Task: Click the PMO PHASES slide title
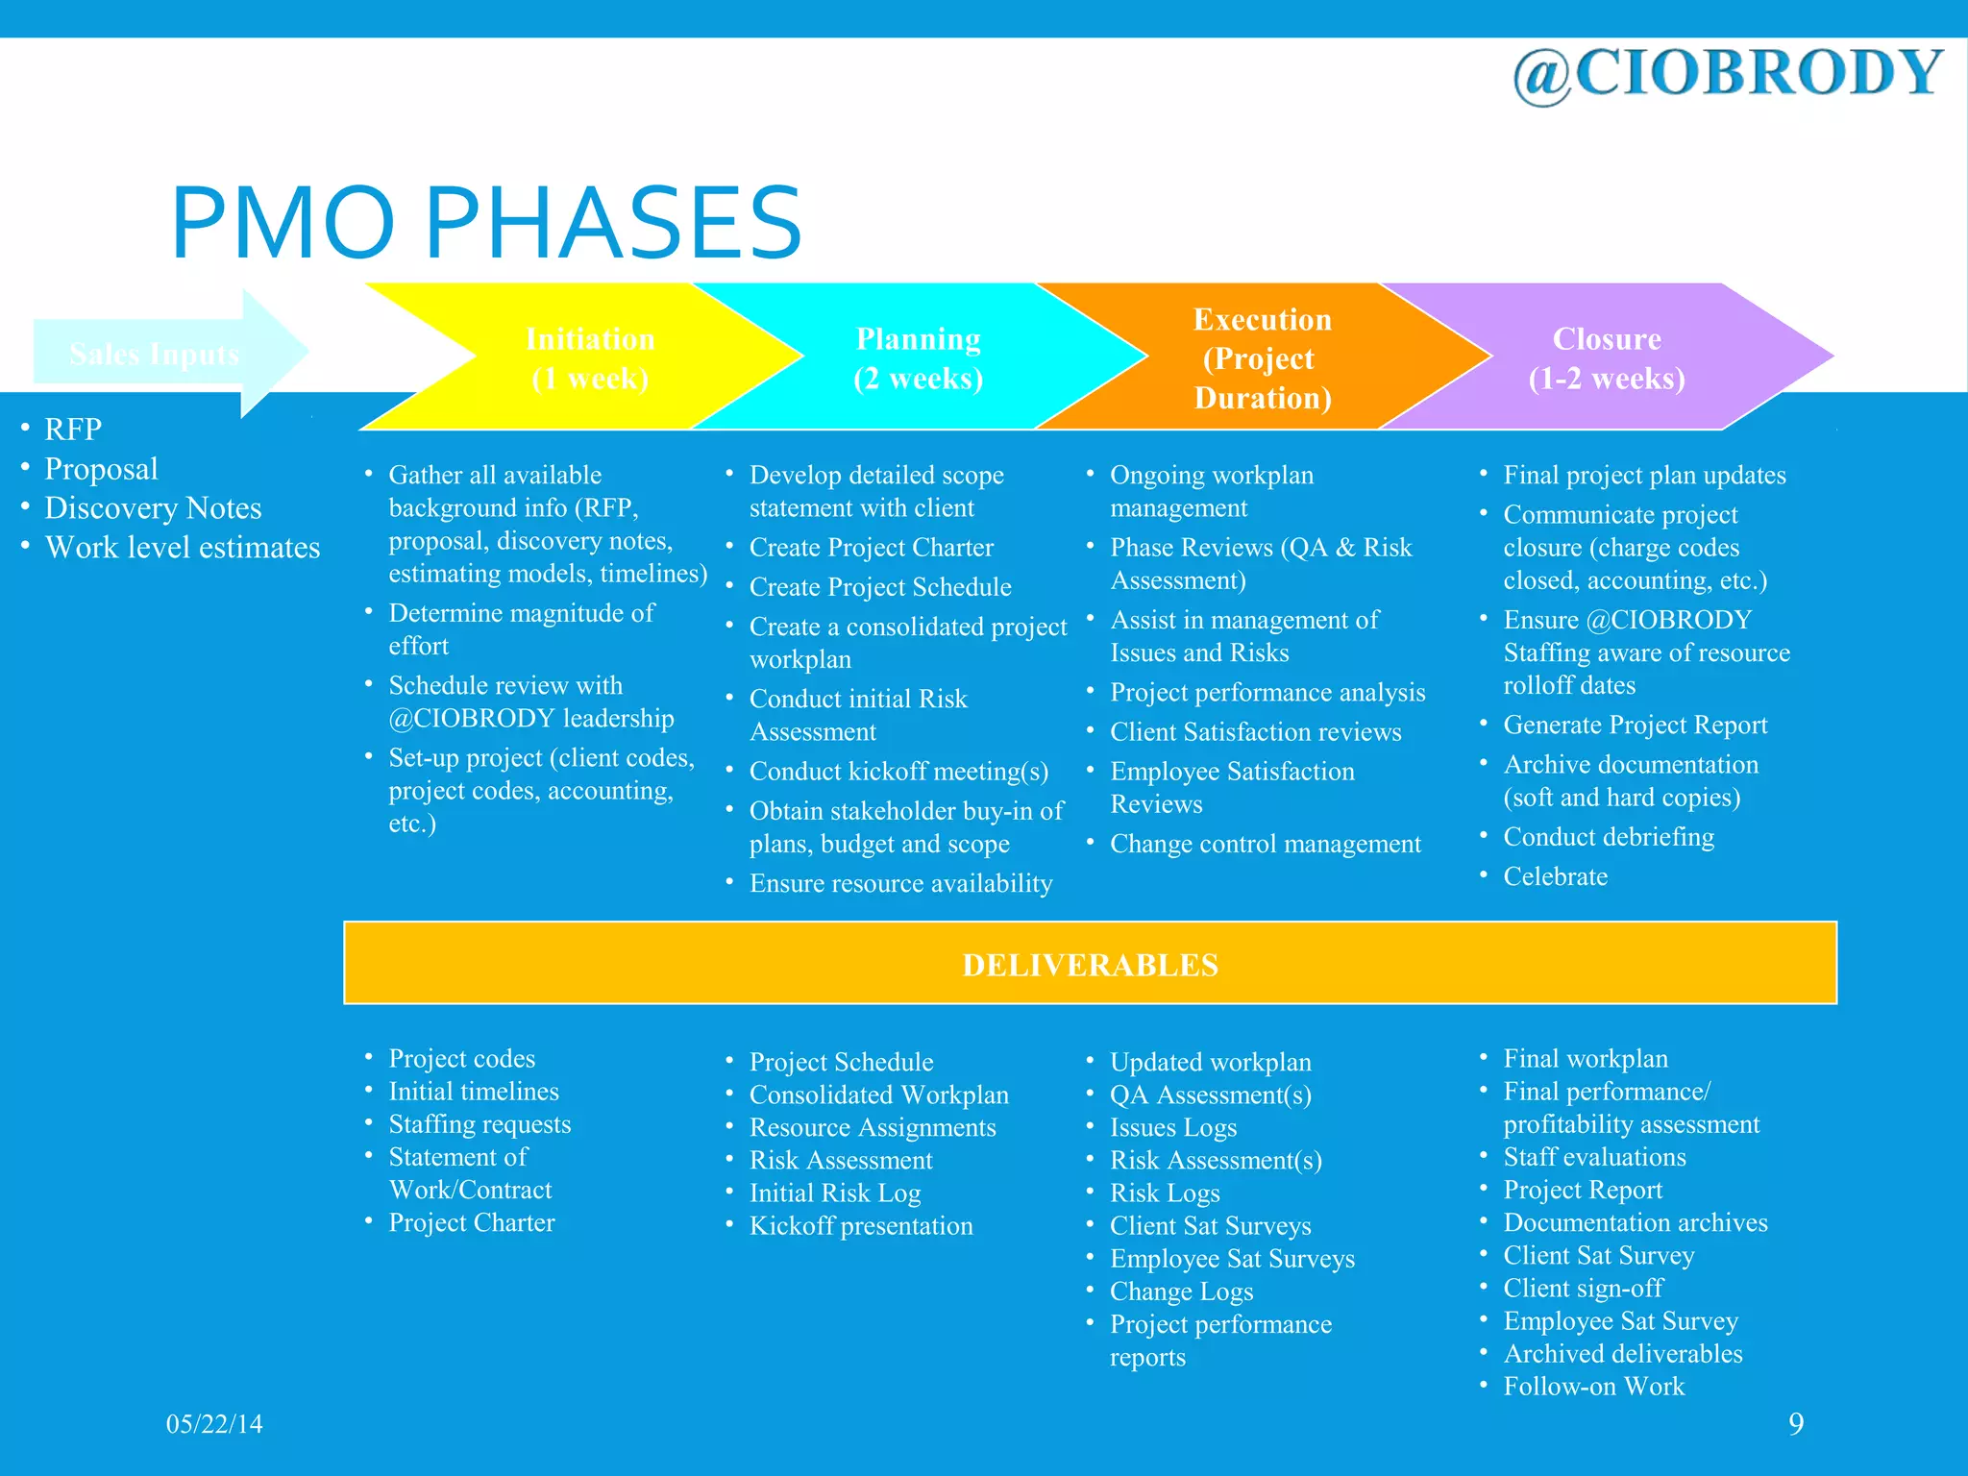pyautogui.click(x=486, y=223)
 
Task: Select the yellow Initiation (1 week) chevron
pyautogui.click(x=590, y=357)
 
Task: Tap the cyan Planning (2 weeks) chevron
pyautogui.click(x=919, y=357)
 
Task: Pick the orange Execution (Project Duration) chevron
pyautogui.click(x=1262, y=357)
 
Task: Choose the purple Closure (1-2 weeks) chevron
pyautogui.click(x=1607, y=357)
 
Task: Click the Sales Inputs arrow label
pyautogui.click(x=154, y=355)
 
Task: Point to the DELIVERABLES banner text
pyautogui.click(x=1090, y=965)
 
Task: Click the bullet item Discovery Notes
pyautogui.click(x=153, y=507)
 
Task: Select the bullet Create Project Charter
pyautogui.click(x=871, y=548)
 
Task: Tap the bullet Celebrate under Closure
pyautogui.click(x=1555, y=876)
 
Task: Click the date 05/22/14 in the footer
pyautogui.click(x=214, y=1424)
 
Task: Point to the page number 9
pyautogui.click(x=1795, y=1424)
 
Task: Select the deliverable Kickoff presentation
pyautogui.click(x=861, y=1226)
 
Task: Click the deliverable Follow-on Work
pyautogui.click(x=1593, y=1387)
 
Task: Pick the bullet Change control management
pyautogui.click(x=1265, y=844)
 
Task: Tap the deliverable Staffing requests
pyautogui.click(x=480, y=1124)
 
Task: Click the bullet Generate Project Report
pyautogui.click(x=1635, y=726)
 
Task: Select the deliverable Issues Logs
pyautogui.click(x=1172, y=1128)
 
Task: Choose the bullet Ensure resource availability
pyautogui.click(x=900, y=884)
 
